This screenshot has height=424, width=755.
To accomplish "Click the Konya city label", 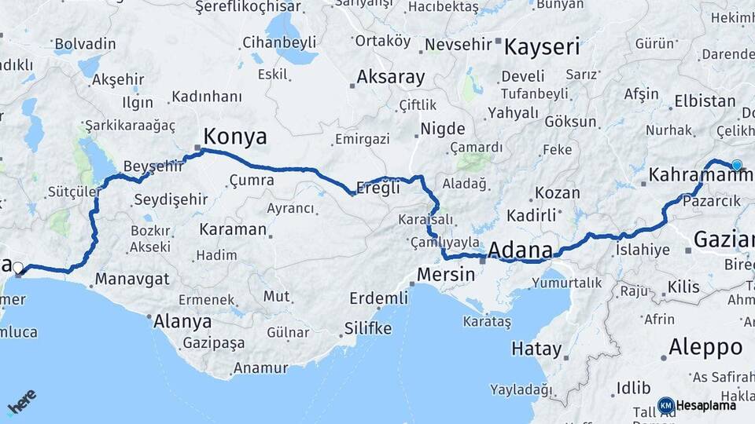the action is (x=235, y=137).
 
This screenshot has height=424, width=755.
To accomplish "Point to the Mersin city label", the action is (x=446, y=275).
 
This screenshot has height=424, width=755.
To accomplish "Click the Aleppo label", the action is (x=705, y=347).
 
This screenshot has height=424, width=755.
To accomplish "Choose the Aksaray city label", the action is (x=390, y=78).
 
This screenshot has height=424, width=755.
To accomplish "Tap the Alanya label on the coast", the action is (x=182, y=321).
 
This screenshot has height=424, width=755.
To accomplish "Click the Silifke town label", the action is (x=368, y=328).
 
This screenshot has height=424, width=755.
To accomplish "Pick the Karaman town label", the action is (x=233, y=229).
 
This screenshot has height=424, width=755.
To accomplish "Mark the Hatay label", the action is (x=536, y=349).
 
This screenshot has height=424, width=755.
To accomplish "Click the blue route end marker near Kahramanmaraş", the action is (x=736, y=165).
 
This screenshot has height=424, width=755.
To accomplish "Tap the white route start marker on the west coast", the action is (x=18, y=268).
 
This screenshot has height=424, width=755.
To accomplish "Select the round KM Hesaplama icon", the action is (x=665, y=405).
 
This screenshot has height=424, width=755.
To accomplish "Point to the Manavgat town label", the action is (x=132, y=279).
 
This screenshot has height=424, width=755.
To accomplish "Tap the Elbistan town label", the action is (x=704, y=102).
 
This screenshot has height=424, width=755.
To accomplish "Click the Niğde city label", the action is (x=443, y=129).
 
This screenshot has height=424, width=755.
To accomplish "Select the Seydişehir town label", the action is (x=171, y=199).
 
